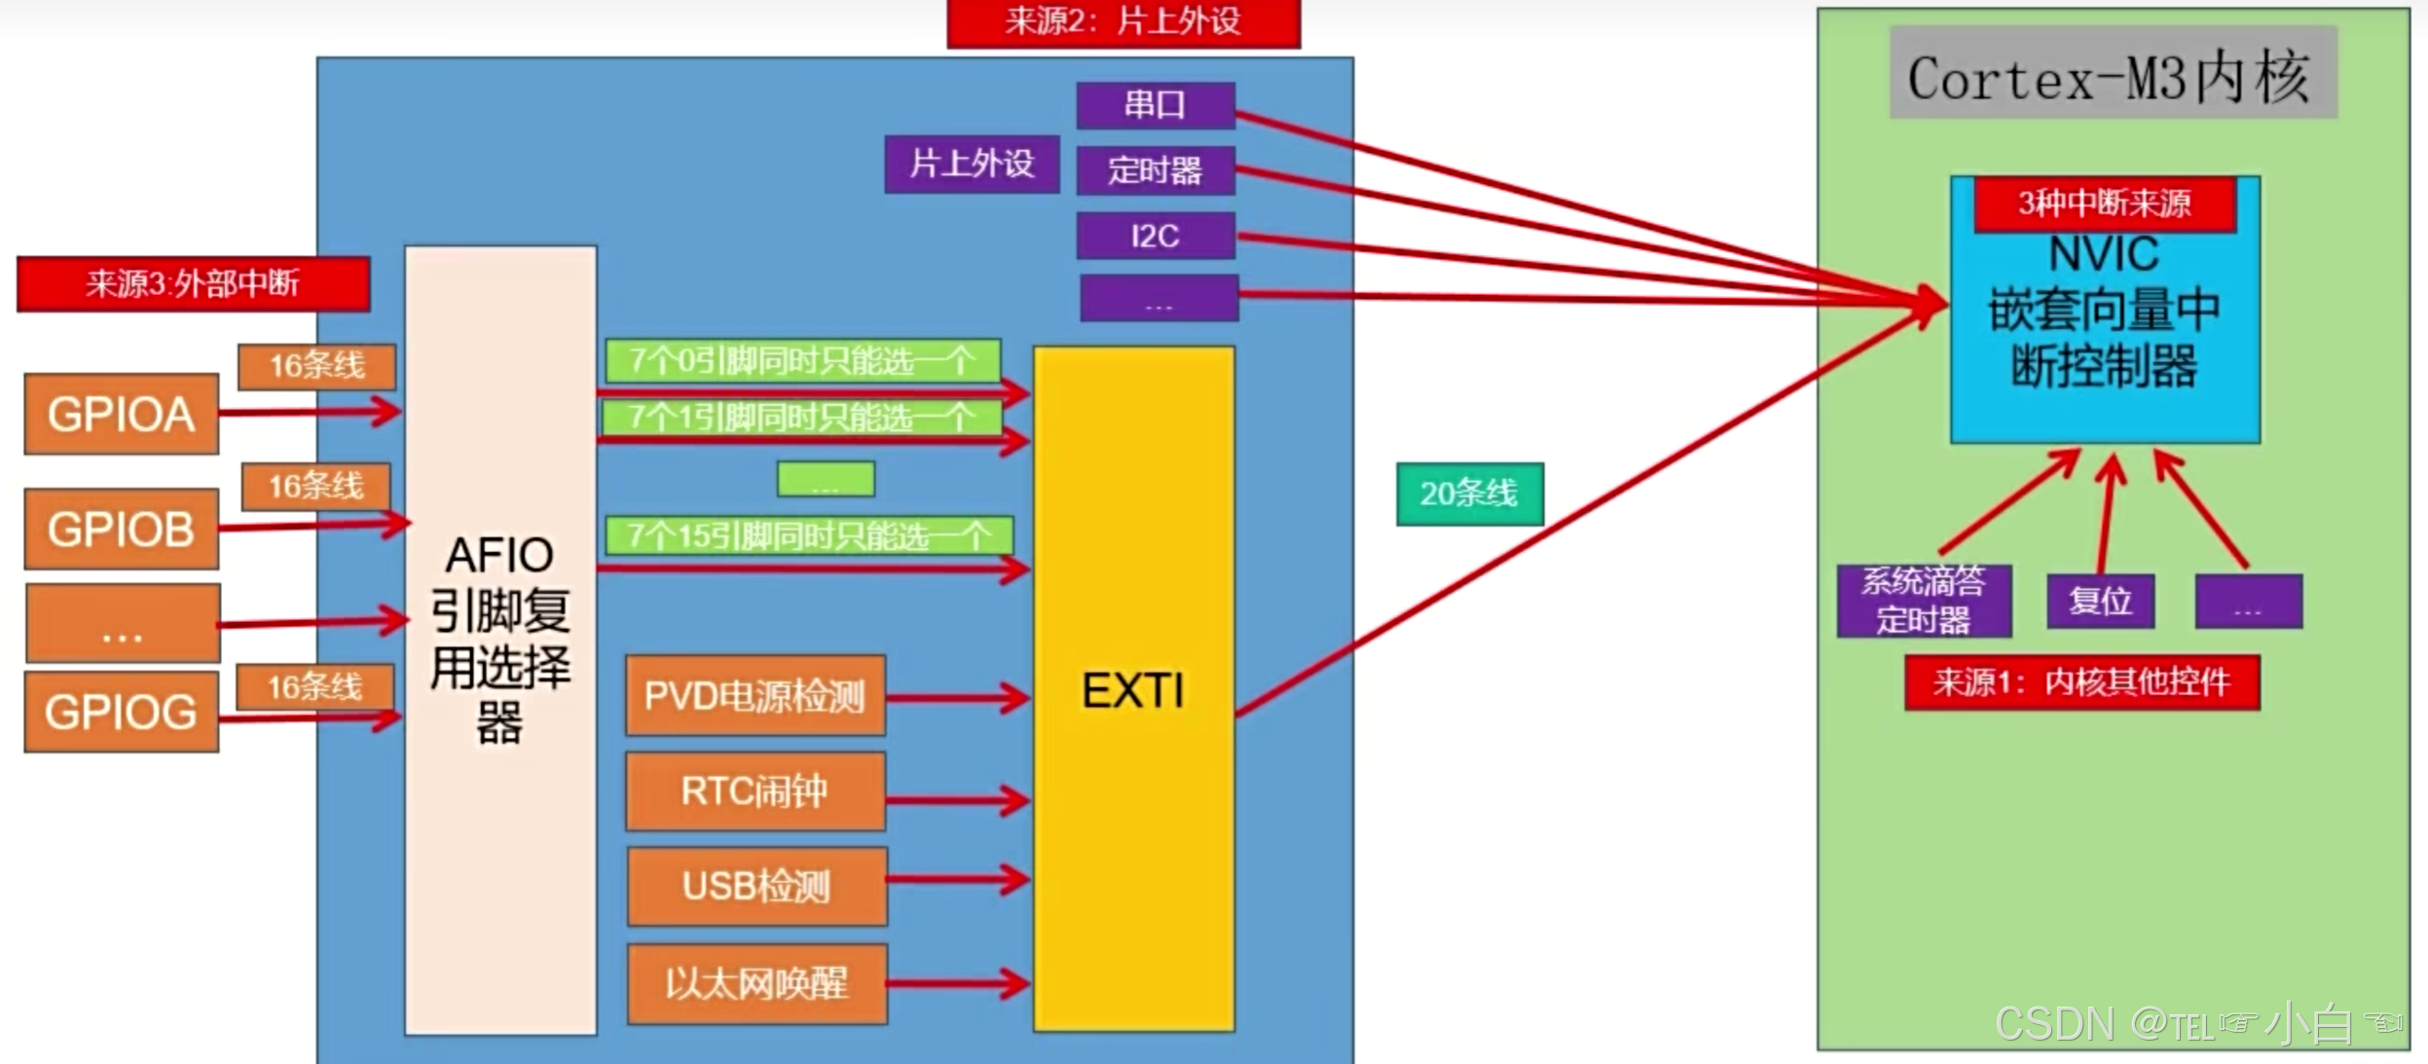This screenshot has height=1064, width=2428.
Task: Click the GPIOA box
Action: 121,414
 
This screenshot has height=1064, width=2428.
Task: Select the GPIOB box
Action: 121,529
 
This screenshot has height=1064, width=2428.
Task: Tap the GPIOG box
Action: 121,712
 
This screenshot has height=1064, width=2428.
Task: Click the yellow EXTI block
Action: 1133,689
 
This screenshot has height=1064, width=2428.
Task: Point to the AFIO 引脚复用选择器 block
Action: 500,640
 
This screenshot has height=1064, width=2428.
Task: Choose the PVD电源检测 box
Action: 754,695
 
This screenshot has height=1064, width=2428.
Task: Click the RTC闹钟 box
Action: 754,790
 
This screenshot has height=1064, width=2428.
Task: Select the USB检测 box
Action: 756,886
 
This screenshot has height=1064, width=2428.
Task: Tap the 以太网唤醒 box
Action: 756,983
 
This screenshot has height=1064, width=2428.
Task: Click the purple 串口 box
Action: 1156,105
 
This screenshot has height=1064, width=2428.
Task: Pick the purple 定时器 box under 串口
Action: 1156,170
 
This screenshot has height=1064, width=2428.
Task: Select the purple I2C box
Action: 1156,236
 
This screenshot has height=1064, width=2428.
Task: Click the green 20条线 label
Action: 1469,494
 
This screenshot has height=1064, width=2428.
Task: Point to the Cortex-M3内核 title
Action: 2113,75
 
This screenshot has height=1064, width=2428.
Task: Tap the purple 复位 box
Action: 2100,601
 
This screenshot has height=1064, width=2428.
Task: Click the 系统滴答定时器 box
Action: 1924,601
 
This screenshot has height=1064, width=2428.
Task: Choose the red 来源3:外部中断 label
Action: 193,283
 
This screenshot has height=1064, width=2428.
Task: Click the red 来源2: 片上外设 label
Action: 1123,22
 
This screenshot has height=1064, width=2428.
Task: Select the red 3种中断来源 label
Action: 2105,203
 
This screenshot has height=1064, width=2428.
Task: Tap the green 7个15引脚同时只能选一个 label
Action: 808,534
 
